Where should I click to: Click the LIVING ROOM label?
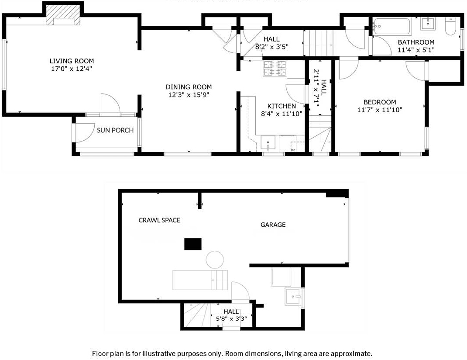tap(72, 61)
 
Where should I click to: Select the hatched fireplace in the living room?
tap(63, 15)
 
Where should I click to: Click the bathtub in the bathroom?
tap(391, 27)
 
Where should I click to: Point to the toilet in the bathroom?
tap(450, 26)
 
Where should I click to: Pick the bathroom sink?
tap(428, 24)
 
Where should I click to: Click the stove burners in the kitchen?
tap(275, 68)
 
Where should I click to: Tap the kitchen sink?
tap(268, 142)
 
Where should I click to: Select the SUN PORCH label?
tap(115, 130)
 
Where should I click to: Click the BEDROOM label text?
tap(380, 102)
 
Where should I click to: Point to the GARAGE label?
tap(273, 225)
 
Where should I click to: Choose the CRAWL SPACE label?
tap(159, 220)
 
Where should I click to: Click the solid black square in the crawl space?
tap(193, 244)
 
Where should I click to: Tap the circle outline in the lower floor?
tap(215, 251)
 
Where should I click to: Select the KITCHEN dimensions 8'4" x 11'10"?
tap(282, 114)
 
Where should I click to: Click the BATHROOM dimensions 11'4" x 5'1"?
tap(416, 50)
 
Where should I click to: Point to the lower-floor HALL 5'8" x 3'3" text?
tap(231, 315)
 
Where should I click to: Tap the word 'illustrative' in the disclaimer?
tap(158, 354)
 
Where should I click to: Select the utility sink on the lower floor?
tap(293, 297)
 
